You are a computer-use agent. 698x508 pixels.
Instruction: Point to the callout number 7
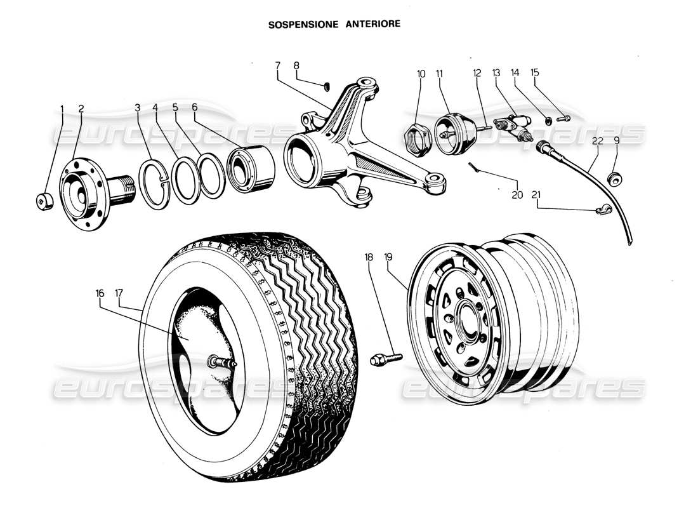pos(277,65)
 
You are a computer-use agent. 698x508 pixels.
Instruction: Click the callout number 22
pos(596,142)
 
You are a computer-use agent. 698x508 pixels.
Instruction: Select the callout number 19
pos(388,257)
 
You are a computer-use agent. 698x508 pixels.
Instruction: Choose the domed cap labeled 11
pos(452,131)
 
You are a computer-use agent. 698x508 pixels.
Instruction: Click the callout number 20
pos(517,195)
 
